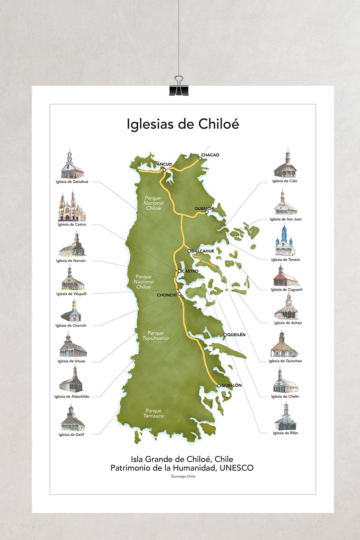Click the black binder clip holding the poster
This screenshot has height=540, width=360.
(x=179, y=88)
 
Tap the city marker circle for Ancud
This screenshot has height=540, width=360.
(x=164, y=170)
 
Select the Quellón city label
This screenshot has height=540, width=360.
(x=231, y=385)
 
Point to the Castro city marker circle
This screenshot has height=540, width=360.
(x=179, y=271)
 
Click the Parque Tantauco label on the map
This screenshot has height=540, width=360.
(x=154, y=413)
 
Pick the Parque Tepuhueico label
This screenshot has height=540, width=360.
(x=156, y=335)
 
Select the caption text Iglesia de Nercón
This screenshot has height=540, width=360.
(x=71, y=261)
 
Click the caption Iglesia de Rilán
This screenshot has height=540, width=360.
(x=285, y=433)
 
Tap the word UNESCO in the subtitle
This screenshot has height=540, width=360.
(x=236, y=468)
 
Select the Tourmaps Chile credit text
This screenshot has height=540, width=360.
(x=183, y=476)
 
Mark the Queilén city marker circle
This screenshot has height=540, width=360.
(x=225, y=335)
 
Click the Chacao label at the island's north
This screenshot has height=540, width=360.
(x=210, y=155)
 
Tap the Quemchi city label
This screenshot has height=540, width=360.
(x=204, y=208)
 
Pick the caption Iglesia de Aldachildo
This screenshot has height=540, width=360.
(x=72, y=396)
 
